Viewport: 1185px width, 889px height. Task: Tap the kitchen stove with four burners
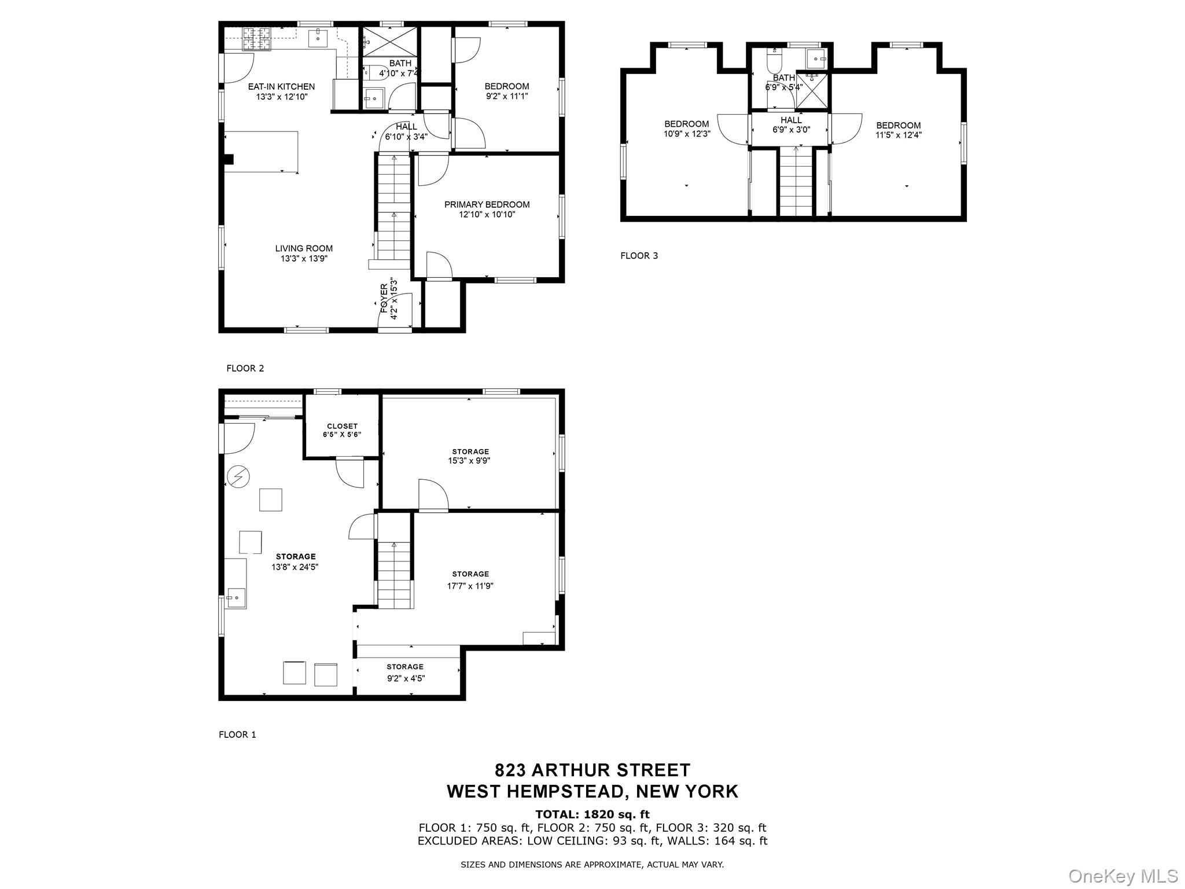256,39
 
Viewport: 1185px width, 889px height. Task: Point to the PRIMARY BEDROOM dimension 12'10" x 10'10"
487,215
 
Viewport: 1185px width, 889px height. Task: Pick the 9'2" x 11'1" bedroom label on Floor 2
506,91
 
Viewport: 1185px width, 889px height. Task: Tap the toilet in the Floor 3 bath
774,59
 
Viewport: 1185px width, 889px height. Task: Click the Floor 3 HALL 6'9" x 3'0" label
791,125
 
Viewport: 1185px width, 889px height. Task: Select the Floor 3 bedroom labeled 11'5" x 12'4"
898,130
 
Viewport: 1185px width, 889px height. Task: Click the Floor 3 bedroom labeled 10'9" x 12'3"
686,128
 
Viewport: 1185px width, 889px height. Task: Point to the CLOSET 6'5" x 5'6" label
342,430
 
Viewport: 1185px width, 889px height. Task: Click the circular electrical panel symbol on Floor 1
238,477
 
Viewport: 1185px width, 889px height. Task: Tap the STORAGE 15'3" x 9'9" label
470,456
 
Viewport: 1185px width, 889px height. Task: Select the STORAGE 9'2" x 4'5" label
405,673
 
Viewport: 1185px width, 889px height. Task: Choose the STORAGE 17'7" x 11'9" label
470,579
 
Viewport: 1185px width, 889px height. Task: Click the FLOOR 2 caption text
245,369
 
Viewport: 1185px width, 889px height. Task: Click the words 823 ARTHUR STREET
592,770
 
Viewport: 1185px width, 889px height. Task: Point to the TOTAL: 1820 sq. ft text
592,814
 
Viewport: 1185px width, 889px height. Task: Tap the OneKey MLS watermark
1123,876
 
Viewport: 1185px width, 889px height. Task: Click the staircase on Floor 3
796,182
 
